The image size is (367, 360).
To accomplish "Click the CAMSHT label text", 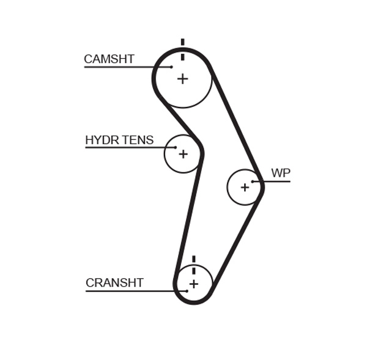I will (x=109, y=59).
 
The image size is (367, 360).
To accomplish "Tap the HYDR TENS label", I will (x=119, y=141).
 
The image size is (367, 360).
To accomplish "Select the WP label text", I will (x=281, y=174).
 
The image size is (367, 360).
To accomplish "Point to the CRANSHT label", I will (x=114, y=283).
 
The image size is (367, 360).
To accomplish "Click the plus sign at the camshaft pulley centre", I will (x=182, y=79).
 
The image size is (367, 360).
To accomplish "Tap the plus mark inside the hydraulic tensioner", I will (x=183, y=154).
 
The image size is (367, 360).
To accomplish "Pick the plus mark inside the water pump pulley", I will (x=245, y=187).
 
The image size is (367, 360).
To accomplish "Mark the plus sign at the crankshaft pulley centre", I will (x=194, y=284).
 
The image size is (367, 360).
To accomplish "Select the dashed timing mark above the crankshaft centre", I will (x=194, y=264).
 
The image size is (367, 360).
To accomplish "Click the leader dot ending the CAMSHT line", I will (x=172, y=67).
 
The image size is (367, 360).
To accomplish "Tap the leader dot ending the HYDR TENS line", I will (x=175, y=147).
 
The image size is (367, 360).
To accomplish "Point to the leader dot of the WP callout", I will (x=253, y=181).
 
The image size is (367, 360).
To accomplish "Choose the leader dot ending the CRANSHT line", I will (x=187, y=291).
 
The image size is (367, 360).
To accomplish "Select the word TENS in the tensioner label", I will (x=138, y=141).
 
